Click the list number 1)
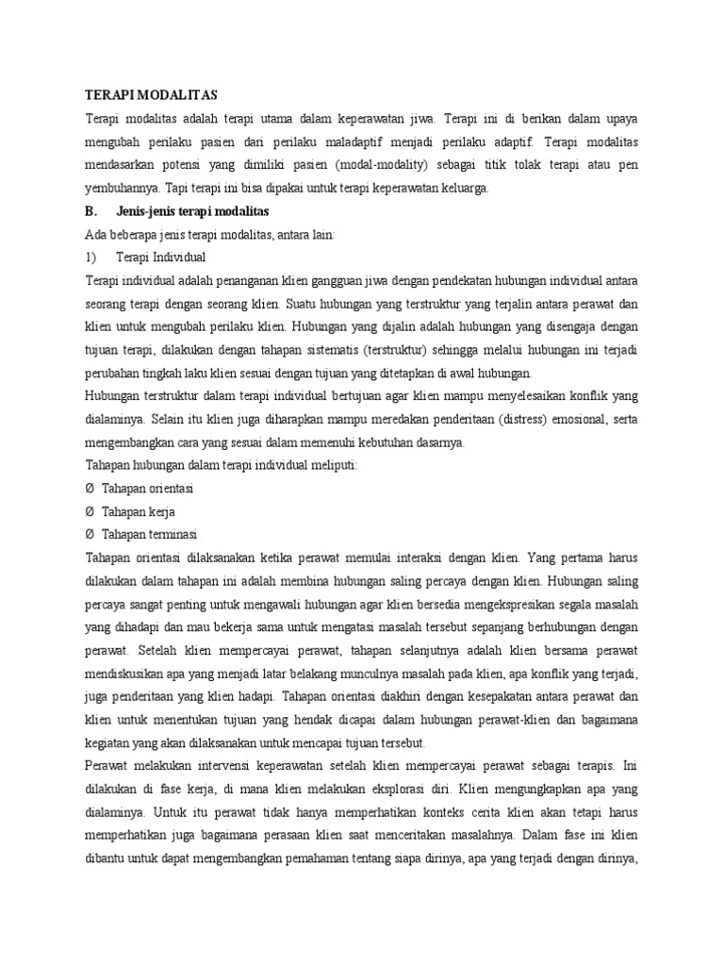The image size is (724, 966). pos(92,257)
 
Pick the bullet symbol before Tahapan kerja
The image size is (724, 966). pos(90,510)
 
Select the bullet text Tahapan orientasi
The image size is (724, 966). pos(156,488)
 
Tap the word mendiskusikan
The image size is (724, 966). pos(125,673)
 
